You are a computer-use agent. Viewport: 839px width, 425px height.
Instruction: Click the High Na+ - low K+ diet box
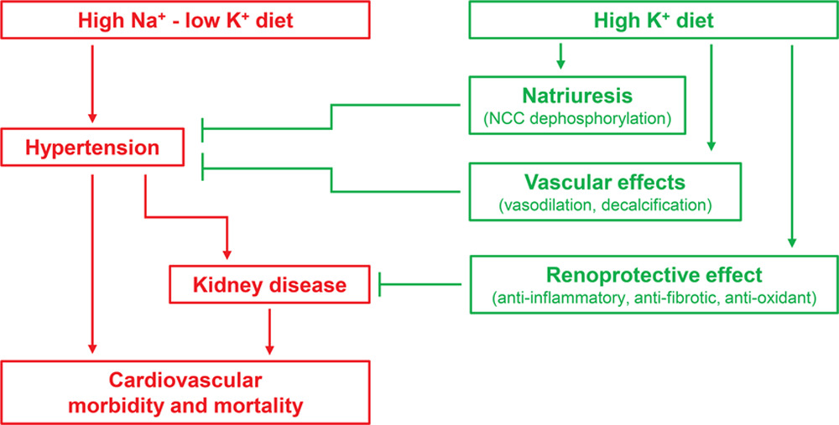[185, 21]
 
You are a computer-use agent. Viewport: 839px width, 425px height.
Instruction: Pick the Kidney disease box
[270, 285]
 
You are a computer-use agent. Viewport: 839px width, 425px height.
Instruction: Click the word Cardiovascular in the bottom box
[185, 380]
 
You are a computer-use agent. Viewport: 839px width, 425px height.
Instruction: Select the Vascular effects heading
[604, 181]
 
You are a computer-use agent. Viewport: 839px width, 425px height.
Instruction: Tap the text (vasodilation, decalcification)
[604, 204]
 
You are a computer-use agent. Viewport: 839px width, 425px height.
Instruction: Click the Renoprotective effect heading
[654, 274]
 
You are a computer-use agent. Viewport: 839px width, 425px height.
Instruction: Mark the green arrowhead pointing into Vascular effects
[711, 147]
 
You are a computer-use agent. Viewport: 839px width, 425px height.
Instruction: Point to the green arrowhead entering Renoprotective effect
[791, 242]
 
